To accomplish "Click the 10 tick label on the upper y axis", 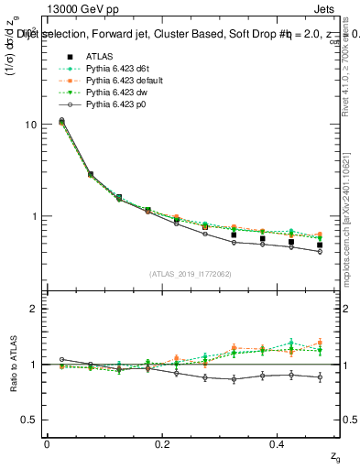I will point(30,124).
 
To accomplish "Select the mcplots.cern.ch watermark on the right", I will point(348,220).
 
